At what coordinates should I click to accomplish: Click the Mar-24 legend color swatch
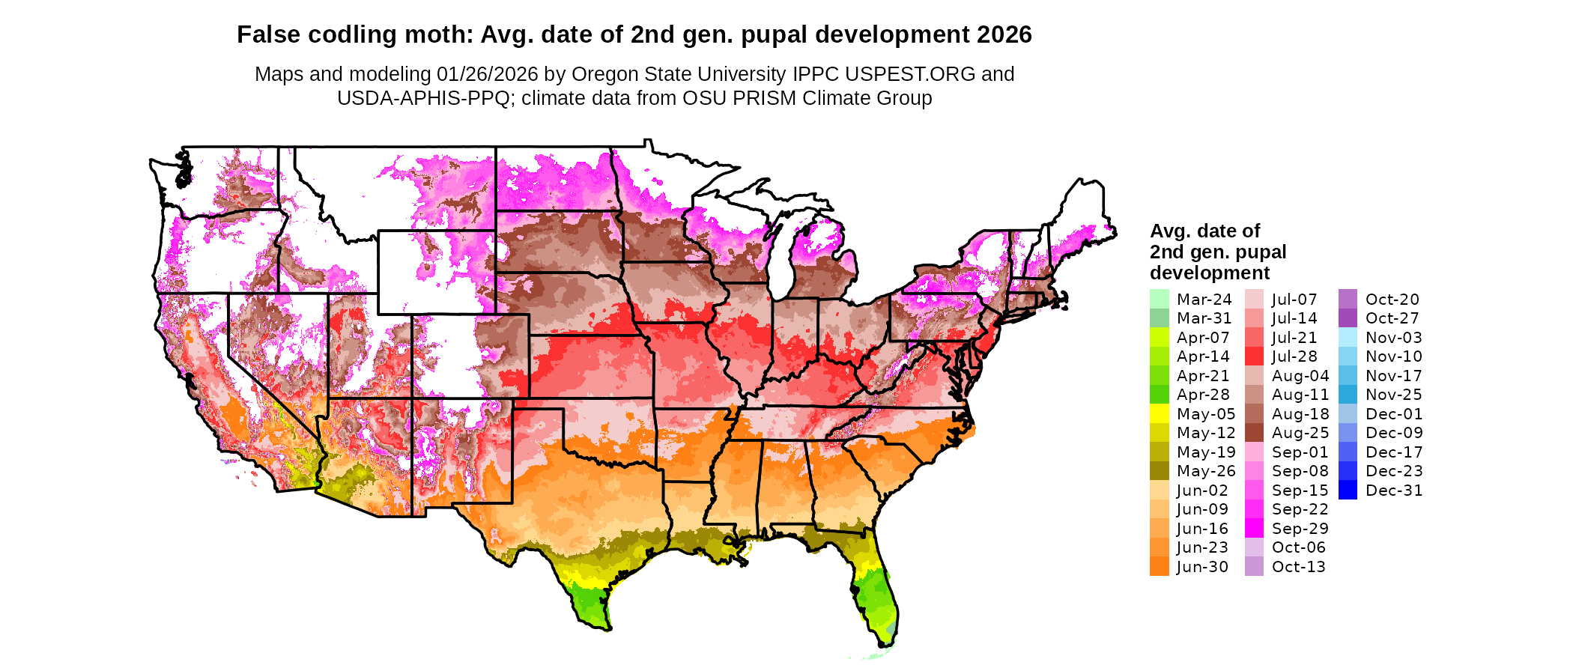pos(1159,299)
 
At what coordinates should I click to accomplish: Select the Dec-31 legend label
pos(1393,491)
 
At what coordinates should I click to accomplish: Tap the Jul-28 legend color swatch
pos(1254,356)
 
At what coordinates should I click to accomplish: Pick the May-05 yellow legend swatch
pos(1159,413)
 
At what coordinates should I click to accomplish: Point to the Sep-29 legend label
pos(1300,529)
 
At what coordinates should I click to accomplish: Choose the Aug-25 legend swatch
pos(1254,433)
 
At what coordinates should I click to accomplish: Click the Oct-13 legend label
pos(1298,567)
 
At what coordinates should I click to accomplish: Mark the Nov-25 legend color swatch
pos(1348,395)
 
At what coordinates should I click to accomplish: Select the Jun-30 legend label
pos(1202,567)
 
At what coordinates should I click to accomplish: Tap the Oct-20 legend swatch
pos(1348,299)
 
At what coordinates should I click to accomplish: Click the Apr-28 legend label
pos(1203,395)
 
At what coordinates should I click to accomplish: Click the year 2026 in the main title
pos(1004,34)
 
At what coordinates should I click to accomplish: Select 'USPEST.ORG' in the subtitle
pos(910,74)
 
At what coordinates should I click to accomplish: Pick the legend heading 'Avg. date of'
pos(1204,231)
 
